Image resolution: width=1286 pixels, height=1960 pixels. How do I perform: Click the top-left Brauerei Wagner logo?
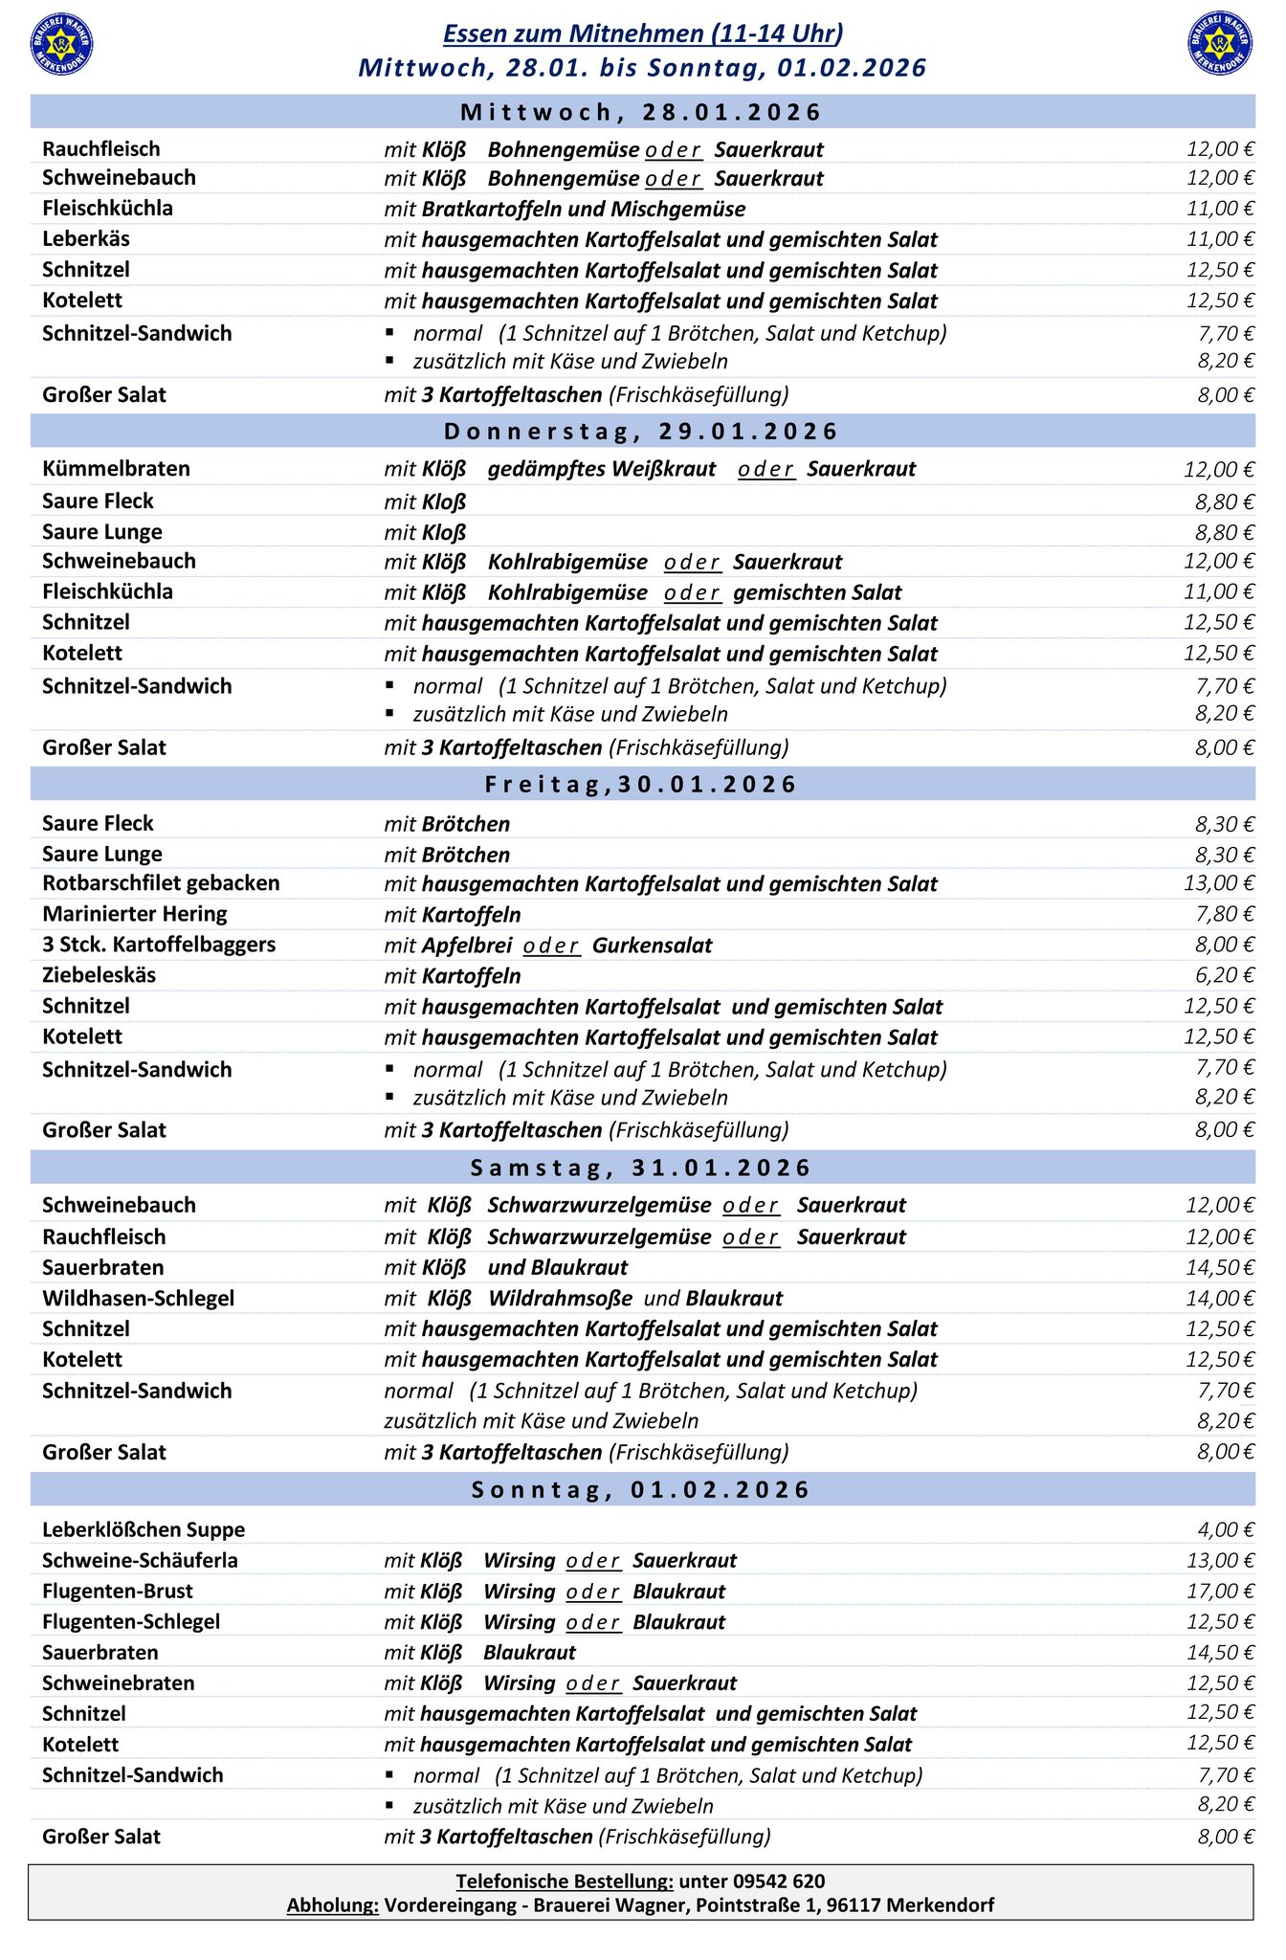(x=62, y=43)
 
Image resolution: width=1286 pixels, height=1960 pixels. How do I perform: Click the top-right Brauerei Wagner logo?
(x=1220, y=43)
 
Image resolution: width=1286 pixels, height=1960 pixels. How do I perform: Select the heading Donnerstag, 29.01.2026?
(x=641, y=431)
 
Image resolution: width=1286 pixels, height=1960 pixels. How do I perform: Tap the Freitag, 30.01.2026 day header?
(x=641, y=784)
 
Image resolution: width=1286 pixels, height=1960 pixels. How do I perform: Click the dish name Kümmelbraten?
(x=116, y=468)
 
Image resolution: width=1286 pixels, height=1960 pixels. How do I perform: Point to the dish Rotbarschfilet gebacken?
(x=161, y=882)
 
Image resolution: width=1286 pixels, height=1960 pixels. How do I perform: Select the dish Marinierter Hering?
(x=135, y=913)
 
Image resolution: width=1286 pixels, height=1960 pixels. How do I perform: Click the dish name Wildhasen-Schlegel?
(x=138, y=1298)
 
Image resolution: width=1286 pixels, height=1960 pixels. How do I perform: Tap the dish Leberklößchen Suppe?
(x=144, y=1529)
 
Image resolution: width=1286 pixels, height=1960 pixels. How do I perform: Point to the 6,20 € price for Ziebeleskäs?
(x=1224, y=974)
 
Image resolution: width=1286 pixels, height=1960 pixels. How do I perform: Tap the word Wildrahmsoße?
(x=560, y=1298)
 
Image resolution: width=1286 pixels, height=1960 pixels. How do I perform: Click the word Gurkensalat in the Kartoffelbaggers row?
(x=652, y=945)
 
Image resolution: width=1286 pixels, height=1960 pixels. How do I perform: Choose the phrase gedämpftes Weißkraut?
(x=601, y=468)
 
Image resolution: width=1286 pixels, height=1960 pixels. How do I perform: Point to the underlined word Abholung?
(x=332, y=1904)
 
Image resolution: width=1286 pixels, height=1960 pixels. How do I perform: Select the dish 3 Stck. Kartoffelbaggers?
(x=159, y=944)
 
